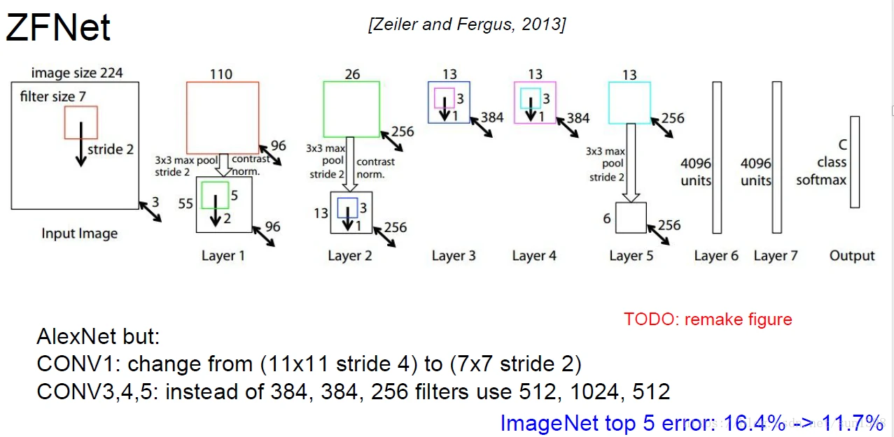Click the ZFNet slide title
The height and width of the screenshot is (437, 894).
(x=58, y=28)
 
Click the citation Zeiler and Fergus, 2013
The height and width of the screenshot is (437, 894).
(x=466, y=24)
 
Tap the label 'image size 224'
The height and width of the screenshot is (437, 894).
(x=78, y=73)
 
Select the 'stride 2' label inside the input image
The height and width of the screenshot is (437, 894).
(x=111, y=149)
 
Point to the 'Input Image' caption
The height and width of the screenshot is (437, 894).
(x=79, y=234)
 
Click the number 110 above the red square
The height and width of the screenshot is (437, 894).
(x=221, y=74)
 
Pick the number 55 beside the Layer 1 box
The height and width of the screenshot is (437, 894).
(x=185, y=203)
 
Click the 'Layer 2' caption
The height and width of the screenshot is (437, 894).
(x=350, y=256)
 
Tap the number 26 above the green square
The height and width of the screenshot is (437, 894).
(x=351, y=74)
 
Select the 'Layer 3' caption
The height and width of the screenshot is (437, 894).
(x=454, y=256)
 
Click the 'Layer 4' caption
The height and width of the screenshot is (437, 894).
(x=534, y=256)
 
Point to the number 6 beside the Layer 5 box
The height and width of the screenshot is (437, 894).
(x=607, y=219)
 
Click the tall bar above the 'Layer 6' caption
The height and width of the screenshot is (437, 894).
(x=716, y=157)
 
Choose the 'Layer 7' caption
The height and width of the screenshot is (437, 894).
(x=776, y=256)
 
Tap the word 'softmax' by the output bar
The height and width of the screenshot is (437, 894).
(x=821, y=180)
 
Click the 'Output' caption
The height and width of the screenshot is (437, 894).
(x=852, y=256)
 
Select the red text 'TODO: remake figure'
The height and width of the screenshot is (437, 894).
(x=708, y=320)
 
